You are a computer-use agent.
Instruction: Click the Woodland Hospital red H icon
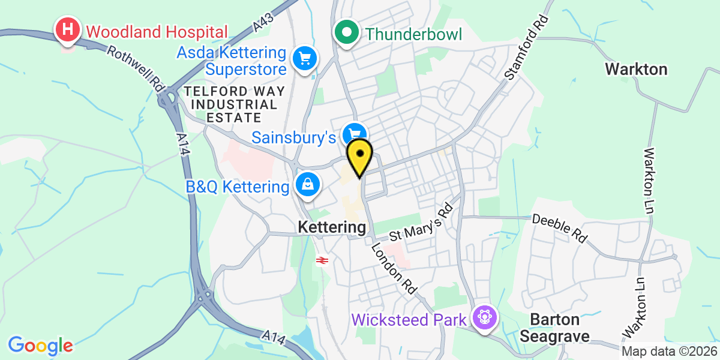pos(68,29)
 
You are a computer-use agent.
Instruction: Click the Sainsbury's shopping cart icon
pos(354,133)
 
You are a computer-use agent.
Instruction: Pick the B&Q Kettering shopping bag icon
pos(307,185)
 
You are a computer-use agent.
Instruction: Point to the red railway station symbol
pos(322,260)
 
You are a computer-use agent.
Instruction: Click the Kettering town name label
pos(332,227)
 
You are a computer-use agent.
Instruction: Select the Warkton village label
pos(636,69)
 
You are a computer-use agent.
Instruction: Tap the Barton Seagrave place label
pos(550,328)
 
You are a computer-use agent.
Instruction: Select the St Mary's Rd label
pos(421,222)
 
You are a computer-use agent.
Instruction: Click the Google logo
pos(40,346)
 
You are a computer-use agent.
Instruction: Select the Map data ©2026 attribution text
pos(668,352)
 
